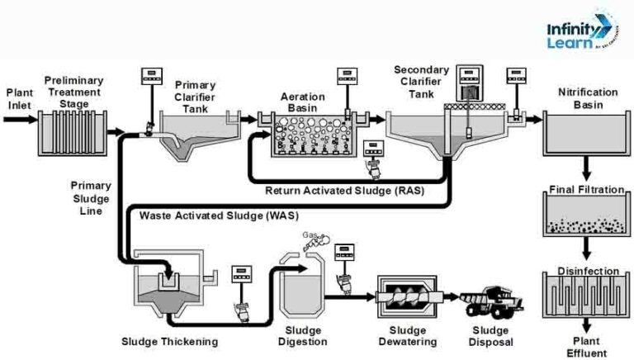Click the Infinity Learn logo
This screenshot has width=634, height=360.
(578, 35)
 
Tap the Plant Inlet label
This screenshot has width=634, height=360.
(19, 99)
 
